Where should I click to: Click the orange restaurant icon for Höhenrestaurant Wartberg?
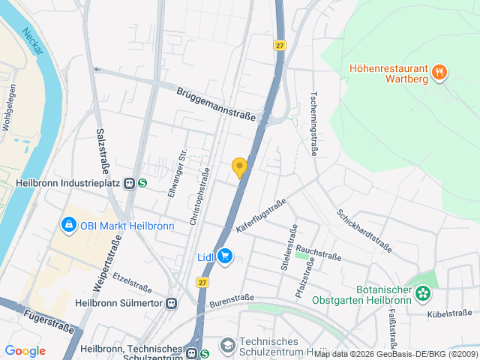pos(439,72)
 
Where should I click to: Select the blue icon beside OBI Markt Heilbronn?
pos(68,224)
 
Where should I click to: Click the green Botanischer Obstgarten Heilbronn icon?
pos(424,293)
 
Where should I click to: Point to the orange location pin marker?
pos(239,168)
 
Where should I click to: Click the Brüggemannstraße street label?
pos(216,104)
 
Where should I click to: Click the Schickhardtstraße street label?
pos(364,230)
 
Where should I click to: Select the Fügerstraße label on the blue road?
pos(49,320)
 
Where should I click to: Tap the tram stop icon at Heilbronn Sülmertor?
pos(172,304)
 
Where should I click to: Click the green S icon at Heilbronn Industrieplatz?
pos(142,182)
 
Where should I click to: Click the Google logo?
pos(25,350)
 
